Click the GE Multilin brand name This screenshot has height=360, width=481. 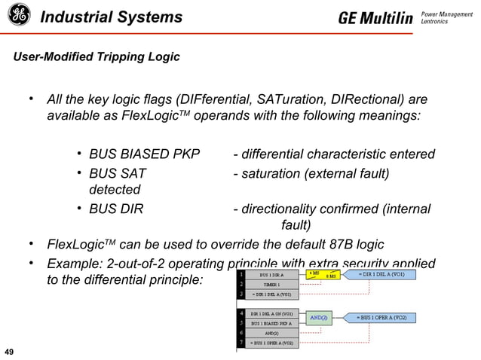coord(375,17)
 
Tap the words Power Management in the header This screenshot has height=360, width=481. coord(445,13)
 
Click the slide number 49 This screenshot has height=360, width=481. coord(11,352)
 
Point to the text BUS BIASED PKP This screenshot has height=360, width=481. coord(144,154)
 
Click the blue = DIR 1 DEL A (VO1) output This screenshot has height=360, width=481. coord(385,274)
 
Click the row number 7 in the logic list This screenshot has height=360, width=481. coord(240,343)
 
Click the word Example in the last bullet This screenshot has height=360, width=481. coord(75,264)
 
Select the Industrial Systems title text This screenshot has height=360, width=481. coord(111,17)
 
